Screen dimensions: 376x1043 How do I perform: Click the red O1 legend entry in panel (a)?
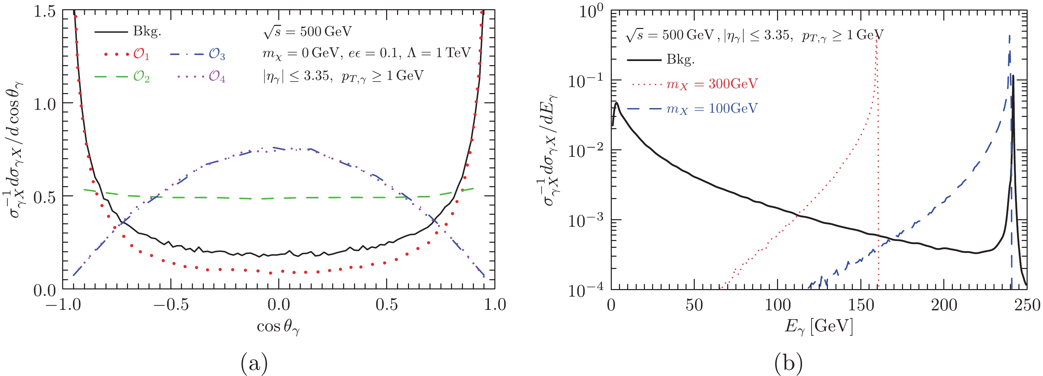(141, 54)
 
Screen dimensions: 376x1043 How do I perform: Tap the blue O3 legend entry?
(216, 54)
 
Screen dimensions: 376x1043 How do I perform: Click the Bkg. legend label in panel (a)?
(146, 32)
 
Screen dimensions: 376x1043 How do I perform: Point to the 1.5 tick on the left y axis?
(44, 11)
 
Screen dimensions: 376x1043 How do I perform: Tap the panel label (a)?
(254, 363)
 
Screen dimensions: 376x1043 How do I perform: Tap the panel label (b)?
(788, 363)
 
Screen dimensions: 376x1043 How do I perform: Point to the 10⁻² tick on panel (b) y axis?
(586, 150)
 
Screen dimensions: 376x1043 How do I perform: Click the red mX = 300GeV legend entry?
(712, 84)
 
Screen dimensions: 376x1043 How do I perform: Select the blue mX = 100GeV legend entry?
(712, 108)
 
